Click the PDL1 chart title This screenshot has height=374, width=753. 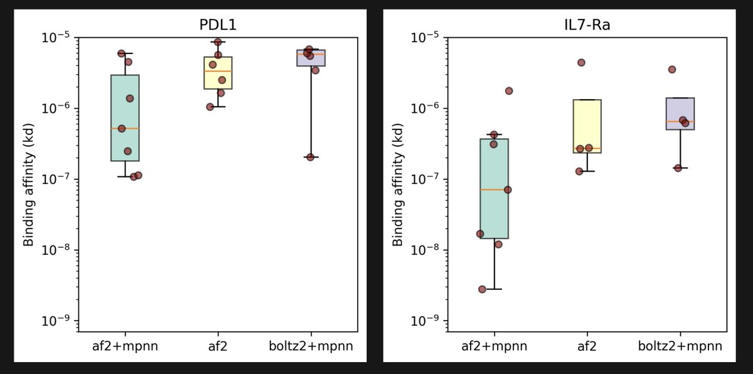tap(218, 25)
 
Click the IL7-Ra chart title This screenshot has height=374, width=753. tap(587, 25)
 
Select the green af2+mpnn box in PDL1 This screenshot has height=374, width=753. tap(125, 118)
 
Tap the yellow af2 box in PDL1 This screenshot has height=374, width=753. tap(218, 73)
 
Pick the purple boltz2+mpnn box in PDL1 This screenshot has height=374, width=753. tap(311, 58)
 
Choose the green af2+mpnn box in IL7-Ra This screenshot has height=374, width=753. tap(494, 188)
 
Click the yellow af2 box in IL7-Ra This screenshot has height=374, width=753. tap(587, 126)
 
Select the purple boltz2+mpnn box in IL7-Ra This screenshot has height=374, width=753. tap(680, 114)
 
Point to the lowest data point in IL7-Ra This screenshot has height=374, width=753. tap(483, 289)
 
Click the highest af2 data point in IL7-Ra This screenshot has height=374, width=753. tap(581, 63)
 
